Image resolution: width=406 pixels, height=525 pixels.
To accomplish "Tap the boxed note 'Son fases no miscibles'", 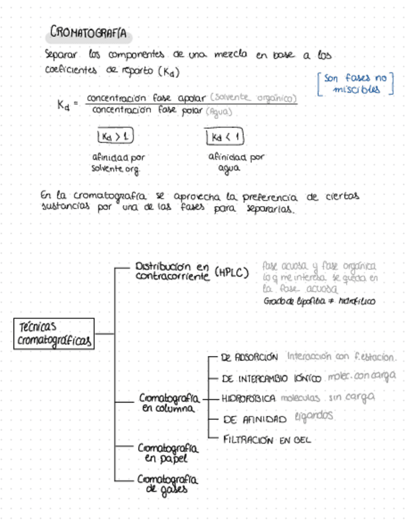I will coord(355,84).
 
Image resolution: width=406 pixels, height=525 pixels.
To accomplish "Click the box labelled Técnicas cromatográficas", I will coord(55,334).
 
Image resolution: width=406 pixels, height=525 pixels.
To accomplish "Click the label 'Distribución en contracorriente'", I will coord(172,271).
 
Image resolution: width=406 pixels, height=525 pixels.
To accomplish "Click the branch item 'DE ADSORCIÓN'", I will coord(249,357).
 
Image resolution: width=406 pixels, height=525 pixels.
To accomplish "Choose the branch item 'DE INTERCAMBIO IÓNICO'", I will coord(270,378).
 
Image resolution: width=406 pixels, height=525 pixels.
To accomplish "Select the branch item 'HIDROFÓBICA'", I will coord(248,399).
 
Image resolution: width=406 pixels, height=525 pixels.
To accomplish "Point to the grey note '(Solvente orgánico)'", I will coord(253,98).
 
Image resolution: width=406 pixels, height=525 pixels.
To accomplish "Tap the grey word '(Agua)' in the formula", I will coord(220,112).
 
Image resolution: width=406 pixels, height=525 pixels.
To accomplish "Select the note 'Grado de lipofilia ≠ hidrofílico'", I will coord(319,302).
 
